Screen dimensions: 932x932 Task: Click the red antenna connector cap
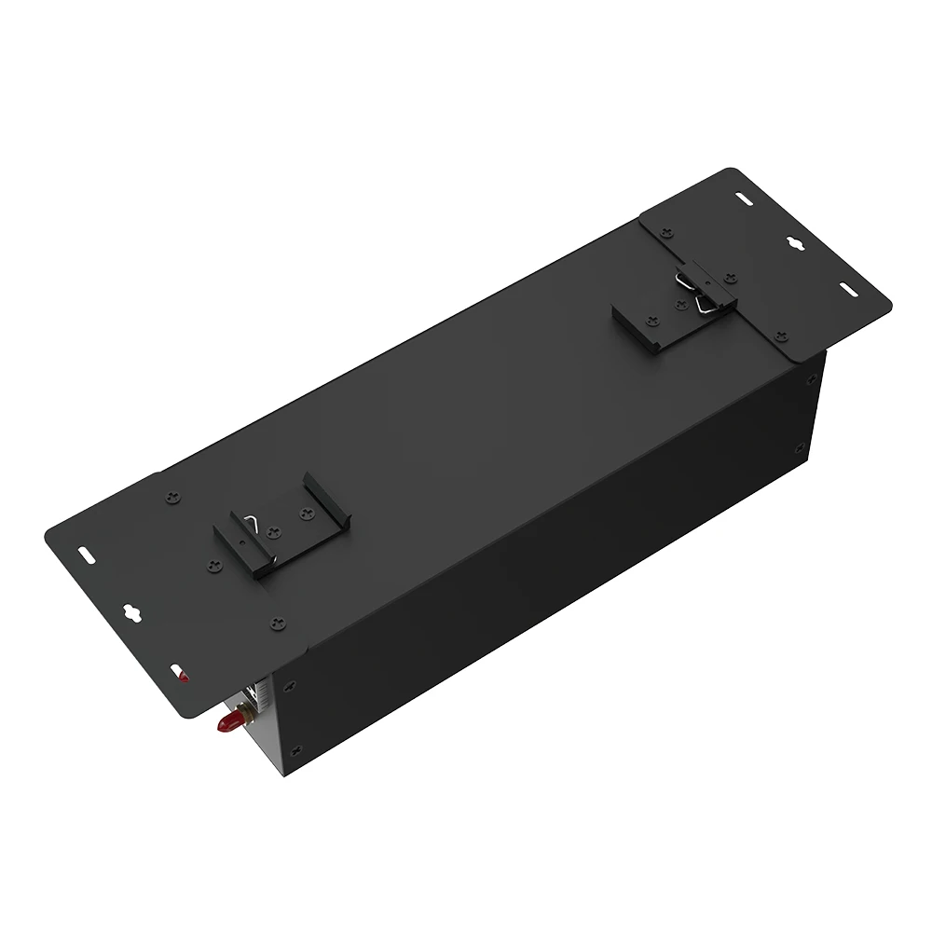(x=225, y=723)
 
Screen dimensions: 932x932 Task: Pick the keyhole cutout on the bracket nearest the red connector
(x=131, y=612)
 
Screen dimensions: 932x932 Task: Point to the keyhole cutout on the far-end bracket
(x=798, y=244)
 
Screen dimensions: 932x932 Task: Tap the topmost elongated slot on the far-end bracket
(x=743, y=199)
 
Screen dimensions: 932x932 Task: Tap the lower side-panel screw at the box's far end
(x=799, y=448)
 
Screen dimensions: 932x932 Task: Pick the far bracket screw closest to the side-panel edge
(x=781, y=335)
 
